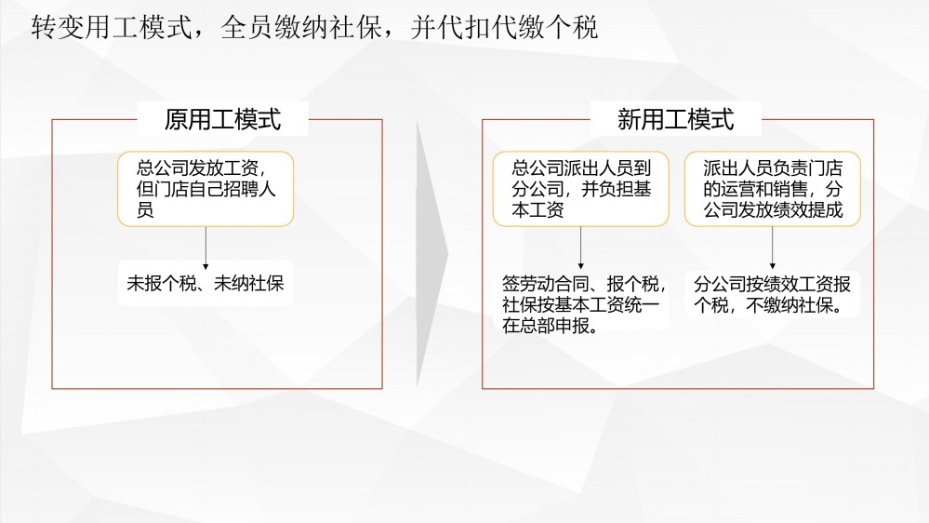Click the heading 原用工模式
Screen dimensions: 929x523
coord(222,119)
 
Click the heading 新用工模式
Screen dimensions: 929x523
coord(675,119)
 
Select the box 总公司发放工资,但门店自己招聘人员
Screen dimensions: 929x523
coord(206,189)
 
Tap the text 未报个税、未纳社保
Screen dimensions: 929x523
coord(205,283)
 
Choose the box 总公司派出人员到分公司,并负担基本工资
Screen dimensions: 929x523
coord(580,189)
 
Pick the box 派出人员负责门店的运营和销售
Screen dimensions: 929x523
coord(772,189)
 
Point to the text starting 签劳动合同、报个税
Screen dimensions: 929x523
coord(584,305)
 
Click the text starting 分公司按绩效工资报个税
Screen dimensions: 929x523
coord(772,295)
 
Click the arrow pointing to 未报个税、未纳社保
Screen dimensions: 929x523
coord(206,248)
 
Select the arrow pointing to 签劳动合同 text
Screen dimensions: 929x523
coord(580,248)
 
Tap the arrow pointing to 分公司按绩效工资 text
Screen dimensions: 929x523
coord(772,248)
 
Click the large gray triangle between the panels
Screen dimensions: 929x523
coord(431,254)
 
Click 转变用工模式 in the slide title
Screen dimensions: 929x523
coord(112,27)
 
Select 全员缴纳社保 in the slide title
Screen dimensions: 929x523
coord(301,27)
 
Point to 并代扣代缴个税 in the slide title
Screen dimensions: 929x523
coord(504,27)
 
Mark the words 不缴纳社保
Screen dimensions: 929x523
coord(794,305)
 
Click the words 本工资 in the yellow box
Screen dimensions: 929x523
coord(537,209)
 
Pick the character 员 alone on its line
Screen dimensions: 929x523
coord(145,209)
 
